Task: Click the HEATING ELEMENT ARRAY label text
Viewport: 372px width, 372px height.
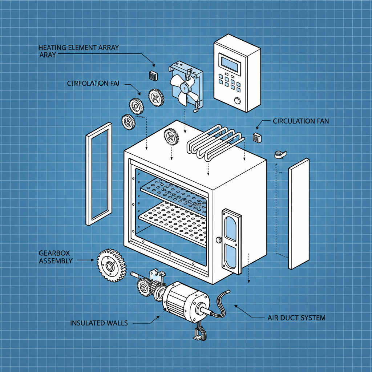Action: [x=78, y=48]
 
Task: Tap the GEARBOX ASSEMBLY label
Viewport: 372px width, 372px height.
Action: [x=55, y=257]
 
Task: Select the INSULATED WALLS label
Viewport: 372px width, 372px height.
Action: [x=98, y=323]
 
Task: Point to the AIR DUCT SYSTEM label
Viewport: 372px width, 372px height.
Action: [x=296, y=318]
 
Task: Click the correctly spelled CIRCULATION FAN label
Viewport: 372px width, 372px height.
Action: [x=301, y=121]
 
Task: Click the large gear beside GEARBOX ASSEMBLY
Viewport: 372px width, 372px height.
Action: [x=110, y=264]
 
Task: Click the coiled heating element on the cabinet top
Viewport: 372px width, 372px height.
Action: [x=214, y=142]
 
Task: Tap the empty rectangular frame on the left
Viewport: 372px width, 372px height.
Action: [x=98, y=174]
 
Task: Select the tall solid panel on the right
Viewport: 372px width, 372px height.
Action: [x=299, y=213]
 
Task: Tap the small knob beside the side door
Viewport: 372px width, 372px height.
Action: [x=219, y=240]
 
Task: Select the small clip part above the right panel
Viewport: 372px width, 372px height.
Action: [x=279, y=155]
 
